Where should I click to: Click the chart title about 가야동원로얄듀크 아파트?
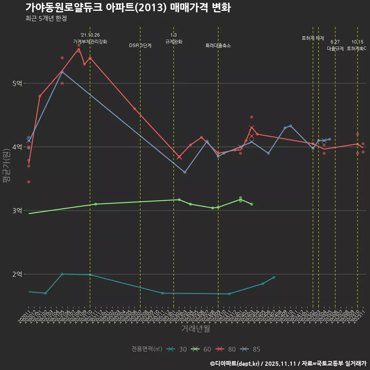click(128, 7)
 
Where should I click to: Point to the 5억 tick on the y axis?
click(17, 83)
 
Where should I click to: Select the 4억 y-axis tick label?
click(17, 147)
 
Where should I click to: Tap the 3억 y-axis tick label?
click(17, 210)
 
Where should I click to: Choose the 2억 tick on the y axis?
click(17, 274)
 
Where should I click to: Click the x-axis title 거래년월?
click(195, 329)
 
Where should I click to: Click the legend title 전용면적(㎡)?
click(146, 349)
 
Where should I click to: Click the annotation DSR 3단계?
click(140, 45)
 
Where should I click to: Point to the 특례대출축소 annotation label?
click(218, 45)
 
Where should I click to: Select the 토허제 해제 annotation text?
click(313, 38)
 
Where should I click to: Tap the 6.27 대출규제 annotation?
click(335, 45)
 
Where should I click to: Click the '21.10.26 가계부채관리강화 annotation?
click(90, 38)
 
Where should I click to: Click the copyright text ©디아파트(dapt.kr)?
click(235, 363)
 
